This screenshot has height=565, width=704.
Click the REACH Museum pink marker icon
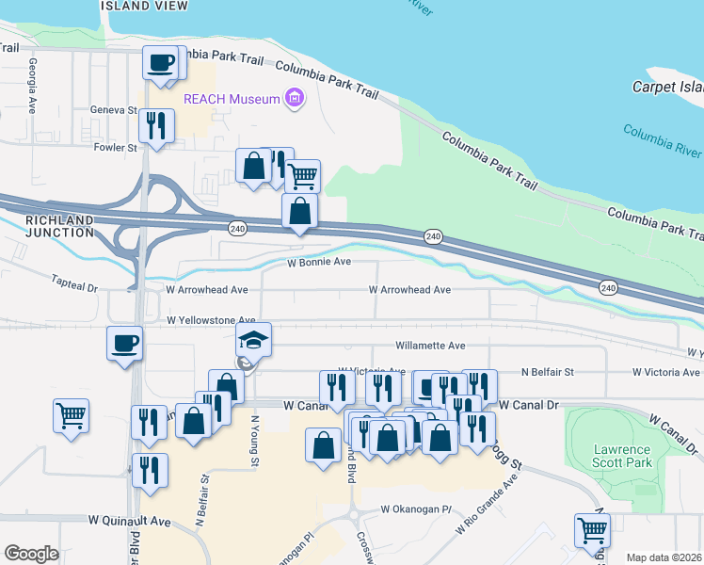click(296, 98)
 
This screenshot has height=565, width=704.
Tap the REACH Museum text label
click(246, 99)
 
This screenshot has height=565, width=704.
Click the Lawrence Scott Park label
click(623, 456)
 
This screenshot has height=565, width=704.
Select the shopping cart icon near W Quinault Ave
click(72, 414)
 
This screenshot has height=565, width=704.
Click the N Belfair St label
click(547, 373)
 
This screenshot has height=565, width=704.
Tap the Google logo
click(31, 553)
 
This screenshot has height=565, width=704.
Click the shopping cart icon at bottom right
click(592, 530)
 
